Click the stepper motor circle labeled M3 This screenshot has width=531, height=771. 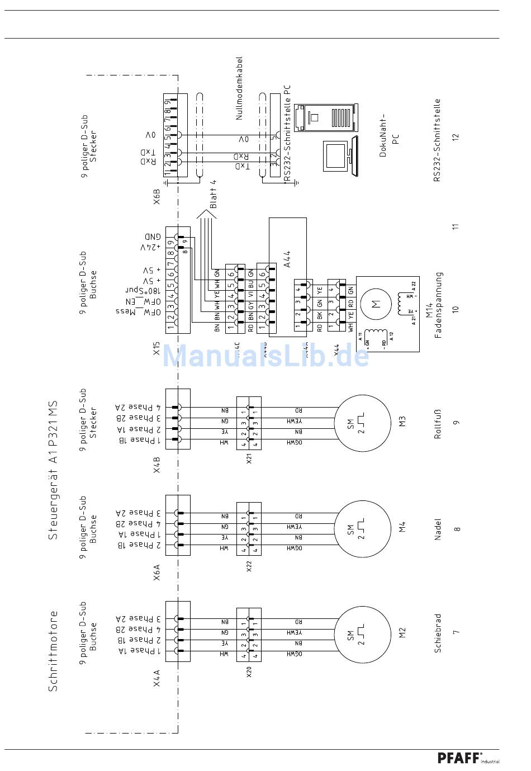(x=363, y=423)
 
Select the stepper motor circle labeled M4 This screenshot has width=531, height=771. (x=363, y=529)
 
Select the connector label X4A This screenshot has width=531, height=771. (x=157, y=678)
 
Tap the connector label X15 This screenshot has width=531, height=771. (x=157, y=350)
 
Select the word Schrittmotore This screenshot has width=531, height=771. (x=53, y=651)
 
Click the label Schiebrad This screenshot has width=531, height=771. (x=438, y=633)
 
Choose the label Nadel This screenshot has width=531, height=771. (x=438, y=529)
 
